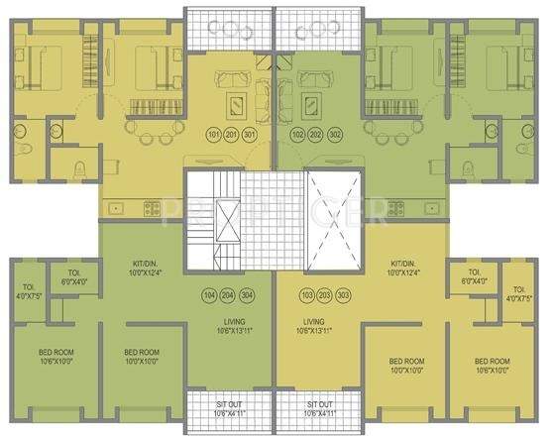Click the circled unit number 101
[212, 134]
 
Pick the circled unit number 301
[251, 134]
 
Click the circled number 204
[230, 295]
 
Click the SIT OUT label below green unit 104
[234, 408]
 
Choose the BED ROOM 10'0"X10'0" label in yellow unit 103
[408, 364]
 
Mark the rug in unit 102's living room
[314, 102]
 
